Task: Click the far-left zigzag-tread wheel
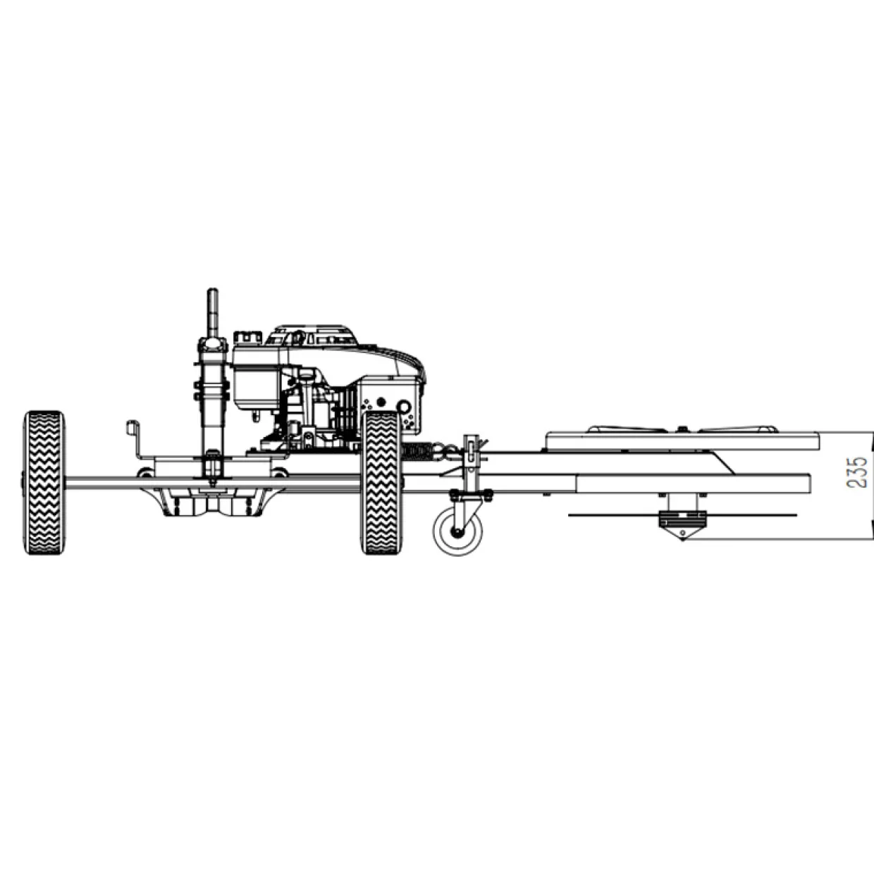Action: pyautogui.click(x=44, y=482)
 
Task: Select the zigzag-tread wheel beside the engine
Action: pyautogui.click(x=381, y=482)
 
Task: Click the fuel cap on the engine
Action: pyautogui.click(x=247, y=337)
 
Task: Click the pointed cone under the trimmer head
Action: pyautogui.click(x=682, y=532)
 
